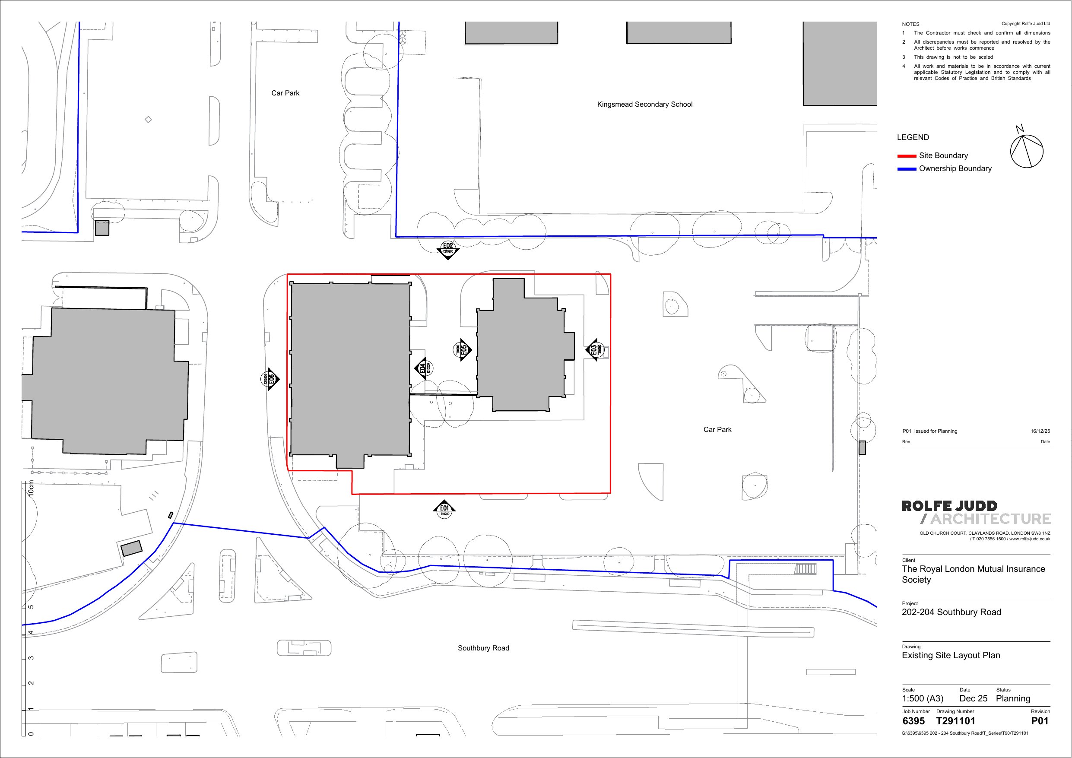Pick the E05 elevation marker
click(x=462, y=349)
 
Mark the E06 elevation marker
click(x=270, y=379)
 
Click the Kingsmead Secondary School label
click(x=645, y=105)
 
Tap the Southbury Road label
click(x=483, y=648)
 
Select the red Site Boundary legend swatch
click(x=907, y=156)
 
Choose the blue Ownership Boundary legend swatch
click(x=907, y=169)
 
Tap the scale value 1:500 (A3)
click(x=923, y=699)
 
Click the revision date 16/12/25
click(x=1040, y=431)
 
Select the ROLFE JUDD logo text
click(x=950, y=506)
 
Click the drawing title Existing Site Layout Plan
click(x=951, y=655)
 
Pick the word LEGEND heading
click(x=913, y=137)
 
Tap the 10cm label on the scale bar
click(x=31, y=488)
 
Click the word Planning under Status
click(x=1013, y=699)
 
